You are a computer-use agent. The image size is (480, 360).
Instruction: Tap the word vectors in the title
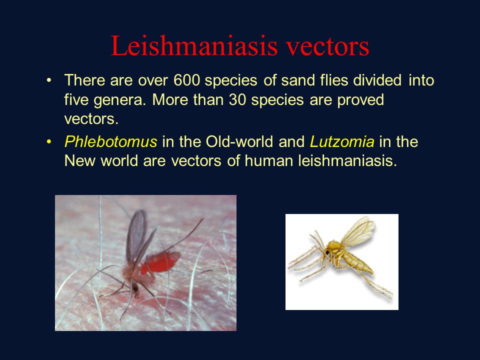[x=326, y=46]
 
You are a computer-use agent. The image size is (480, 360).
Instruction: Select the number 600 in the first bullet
[x=187, y=80]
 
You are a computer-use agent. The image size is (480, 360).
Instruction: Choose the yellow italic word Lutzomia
[x=342, y=142]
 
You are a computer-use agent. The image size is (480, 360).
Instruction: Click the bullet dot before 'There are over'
[x=48, y=80]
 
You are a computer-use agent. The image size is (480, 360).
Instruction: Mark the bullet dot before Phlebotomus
[x=48, y=142]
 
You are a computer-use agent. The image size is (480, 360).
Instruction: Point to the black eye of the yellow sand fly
[x=327, y=252]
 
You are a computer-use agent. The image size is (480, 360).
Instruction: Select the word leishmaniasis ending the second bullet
[x=344, y=161]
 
